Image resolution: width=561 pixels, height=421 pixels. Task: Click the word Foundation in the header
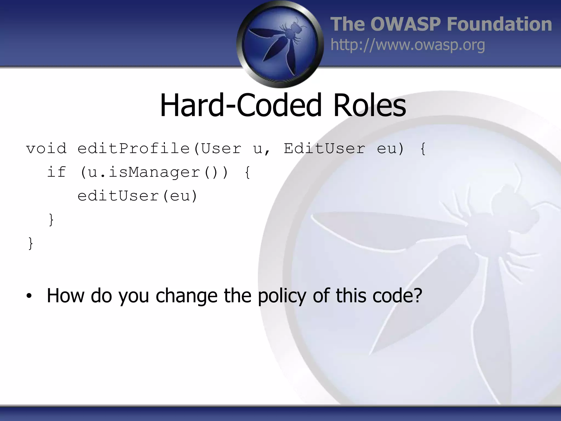pyautogui.click(x=499, y=24)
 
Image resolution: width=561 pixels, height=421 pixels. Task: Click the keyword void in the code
pyautogui.click(x=46, y=149)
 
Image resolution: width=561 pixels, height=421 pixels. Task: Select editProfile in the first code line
pyautogui.click(x=134, y=149)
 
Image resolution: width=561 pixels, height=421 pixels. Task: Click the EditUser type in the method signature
pyautogui.click(x=324, y=149)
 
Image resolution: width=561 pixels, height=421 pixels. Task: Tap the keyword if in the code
pyautogui.click(x=57, y=172)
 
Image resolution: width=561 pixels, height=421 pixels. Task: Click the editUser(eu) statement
pyautogui.click(x=137, y=196)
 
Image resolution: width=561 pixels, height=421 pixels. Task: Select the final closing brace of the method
pyautogui.click(x=31, y=243)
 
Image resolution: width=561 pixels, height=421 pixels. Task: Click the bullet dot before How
pyautogui.click(x=29, y=296)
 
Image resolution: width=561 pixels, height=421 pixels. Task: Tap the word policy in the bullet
pyautogui.click(x=282, y=296)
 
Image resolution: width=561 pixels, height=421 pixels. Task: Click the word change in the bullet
pyautogui.click(x=186, y=296)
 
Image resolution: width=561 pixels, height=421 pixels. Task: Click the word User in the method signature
pyautogui.click(x=221, y=149)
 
